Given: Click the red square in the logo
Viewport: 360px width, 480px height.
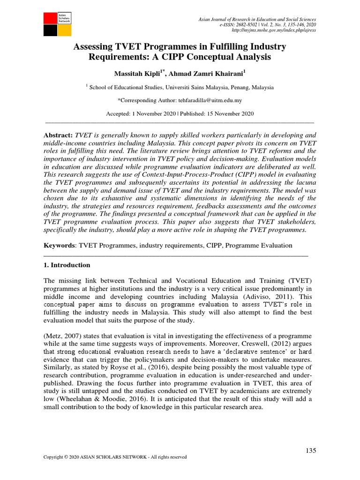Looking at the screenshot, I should point(50,18).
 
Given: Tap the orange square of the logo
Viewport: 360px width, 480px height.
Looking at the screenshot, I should point(64,30).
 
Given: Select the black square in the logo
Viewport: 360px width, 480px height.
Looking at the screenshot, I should point(50,30).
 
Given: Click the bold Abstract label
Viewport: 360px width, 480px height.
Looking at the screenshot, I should point(58,135).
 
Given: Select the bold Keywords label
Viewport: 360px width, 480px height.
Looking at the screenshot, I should point(60,246).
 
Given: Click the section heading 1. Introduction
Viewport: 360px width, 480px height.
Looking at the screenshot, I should point(67,265).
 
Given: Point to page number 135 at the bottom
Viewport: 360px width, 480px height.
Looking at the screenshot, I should point(311,450).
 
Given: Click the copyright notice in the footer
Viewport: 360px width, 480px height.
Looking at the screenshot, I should point(115,457).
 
